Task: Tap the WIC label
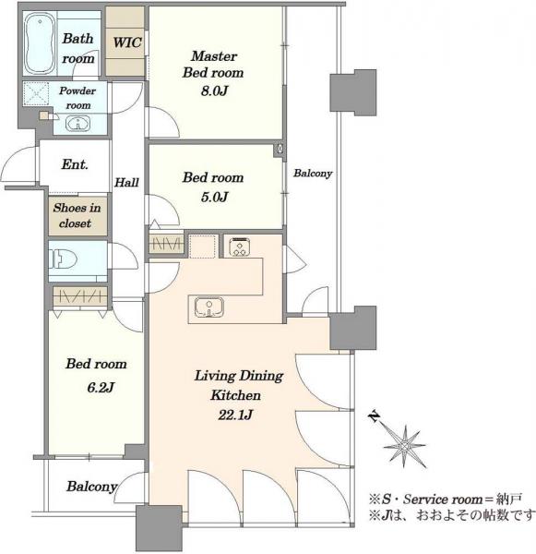click(127, 42)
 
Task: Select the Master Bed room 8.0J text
click(214, 73)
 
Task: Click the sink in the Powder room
click(78, 124)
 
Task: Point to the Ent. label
click(75, 164)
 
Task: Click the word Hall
click(126, 182)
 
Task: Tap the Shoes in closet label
click(77, 215)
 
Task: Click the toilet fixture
click(63, 260)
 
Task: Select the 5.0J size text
click(214, 197)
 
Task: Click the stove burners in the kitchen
click(240, 247)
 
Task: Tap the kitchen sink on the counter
click(209, 307)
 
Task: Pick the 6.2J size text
click(101, 388)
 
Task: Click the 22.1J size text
click(235, 415)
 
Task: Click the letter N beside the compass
click(374, 416)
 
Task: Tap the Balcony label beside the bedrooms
click(313, 174)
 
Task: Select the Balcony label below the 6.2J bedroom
click(92, 487)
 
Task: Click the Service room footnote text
click(445, 499)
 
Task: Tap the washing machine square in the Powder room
click(36, 93)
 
